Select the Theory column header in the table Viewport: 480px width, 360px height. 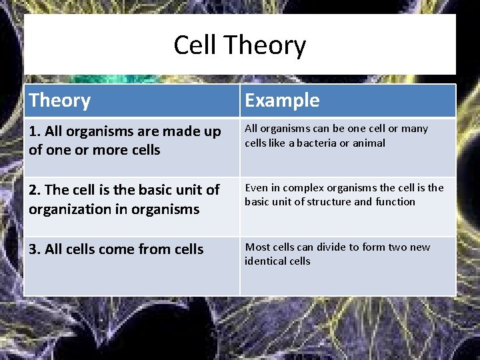[60, 101]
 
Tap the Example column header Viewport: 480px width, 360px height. [282, 101]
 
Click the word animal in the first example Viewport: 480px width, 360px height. [370, 143]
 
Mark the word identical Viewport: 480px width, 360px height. [263, 261]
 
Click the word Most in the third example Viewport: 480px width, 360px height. [257, 247]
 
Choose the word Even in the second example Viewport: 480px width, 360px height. [256, 188]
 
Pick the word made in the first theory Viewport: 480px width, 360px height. [171, 131]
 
